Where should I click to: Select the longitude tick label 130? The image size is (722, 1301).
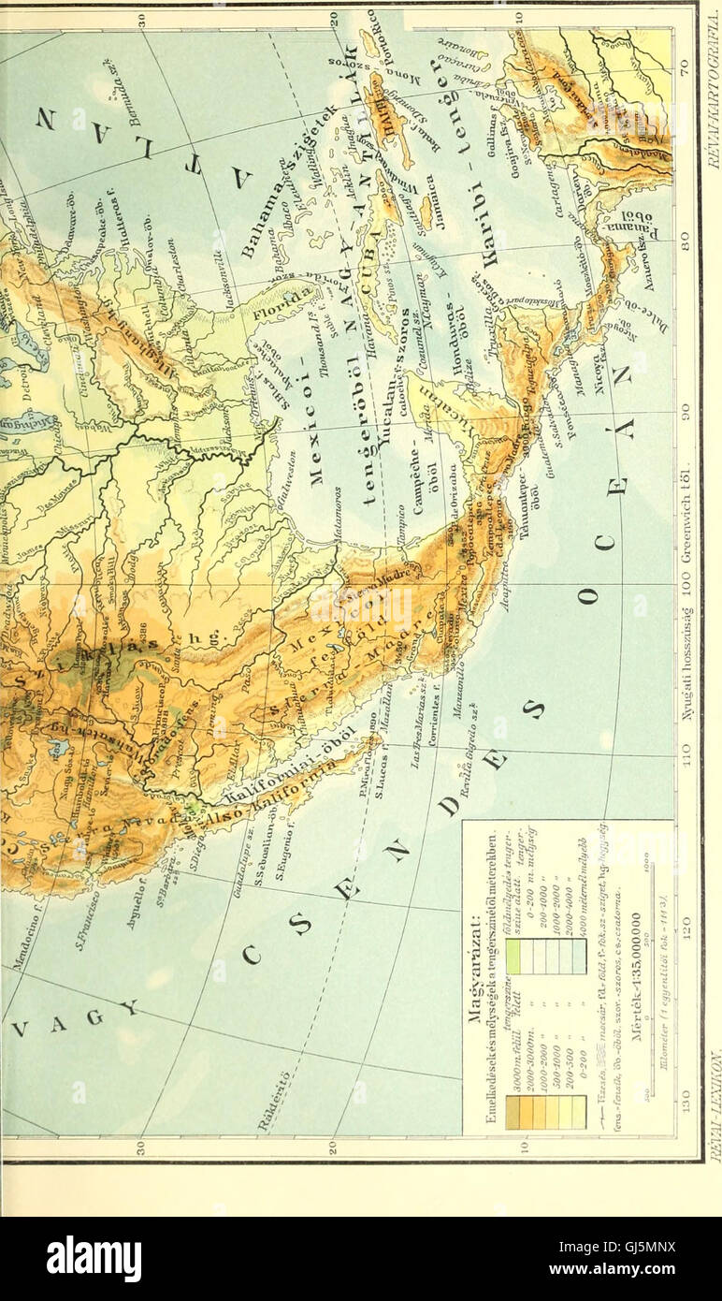(x=686, y=1092)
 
